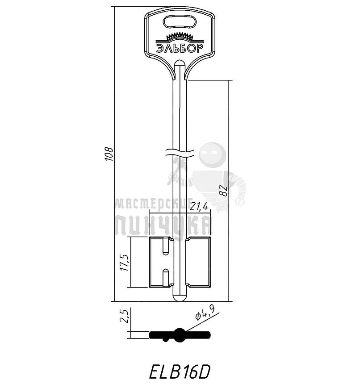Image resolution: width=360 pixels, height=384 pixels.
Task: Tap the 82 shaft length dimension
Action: click(225, 191)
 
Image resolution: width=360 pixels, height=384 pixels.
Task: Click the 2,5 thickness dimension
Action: click(126, 316)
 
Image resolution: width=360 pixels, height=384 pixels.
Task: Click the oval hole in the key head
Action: click(180, 21)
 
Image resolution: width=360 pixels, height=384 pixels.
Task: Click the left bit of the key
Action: click(160, 262)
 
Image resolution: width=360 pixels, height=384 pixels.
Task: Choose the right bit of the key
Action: click(198, 262)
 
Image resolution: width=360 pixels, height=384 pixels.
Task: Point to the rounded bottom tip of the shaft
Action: click(179, 298)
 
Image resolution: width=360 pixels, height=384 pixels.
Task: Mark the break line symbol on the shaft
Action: click(179, 152)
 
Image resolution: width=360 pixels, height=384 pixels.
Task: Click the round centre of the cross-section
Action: click(180, 334)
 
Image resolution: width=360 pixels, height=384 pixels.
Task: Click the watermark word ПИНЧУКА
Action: click(163, 225)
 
